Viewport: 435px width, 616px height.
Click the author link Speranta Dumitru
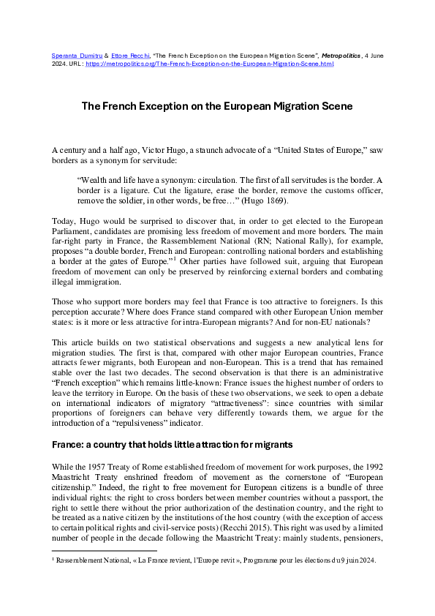pyautogui.click(x=72, y=56)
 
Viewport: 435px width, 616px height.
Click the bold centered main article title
pyautogui.click(x=216, y=106)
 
